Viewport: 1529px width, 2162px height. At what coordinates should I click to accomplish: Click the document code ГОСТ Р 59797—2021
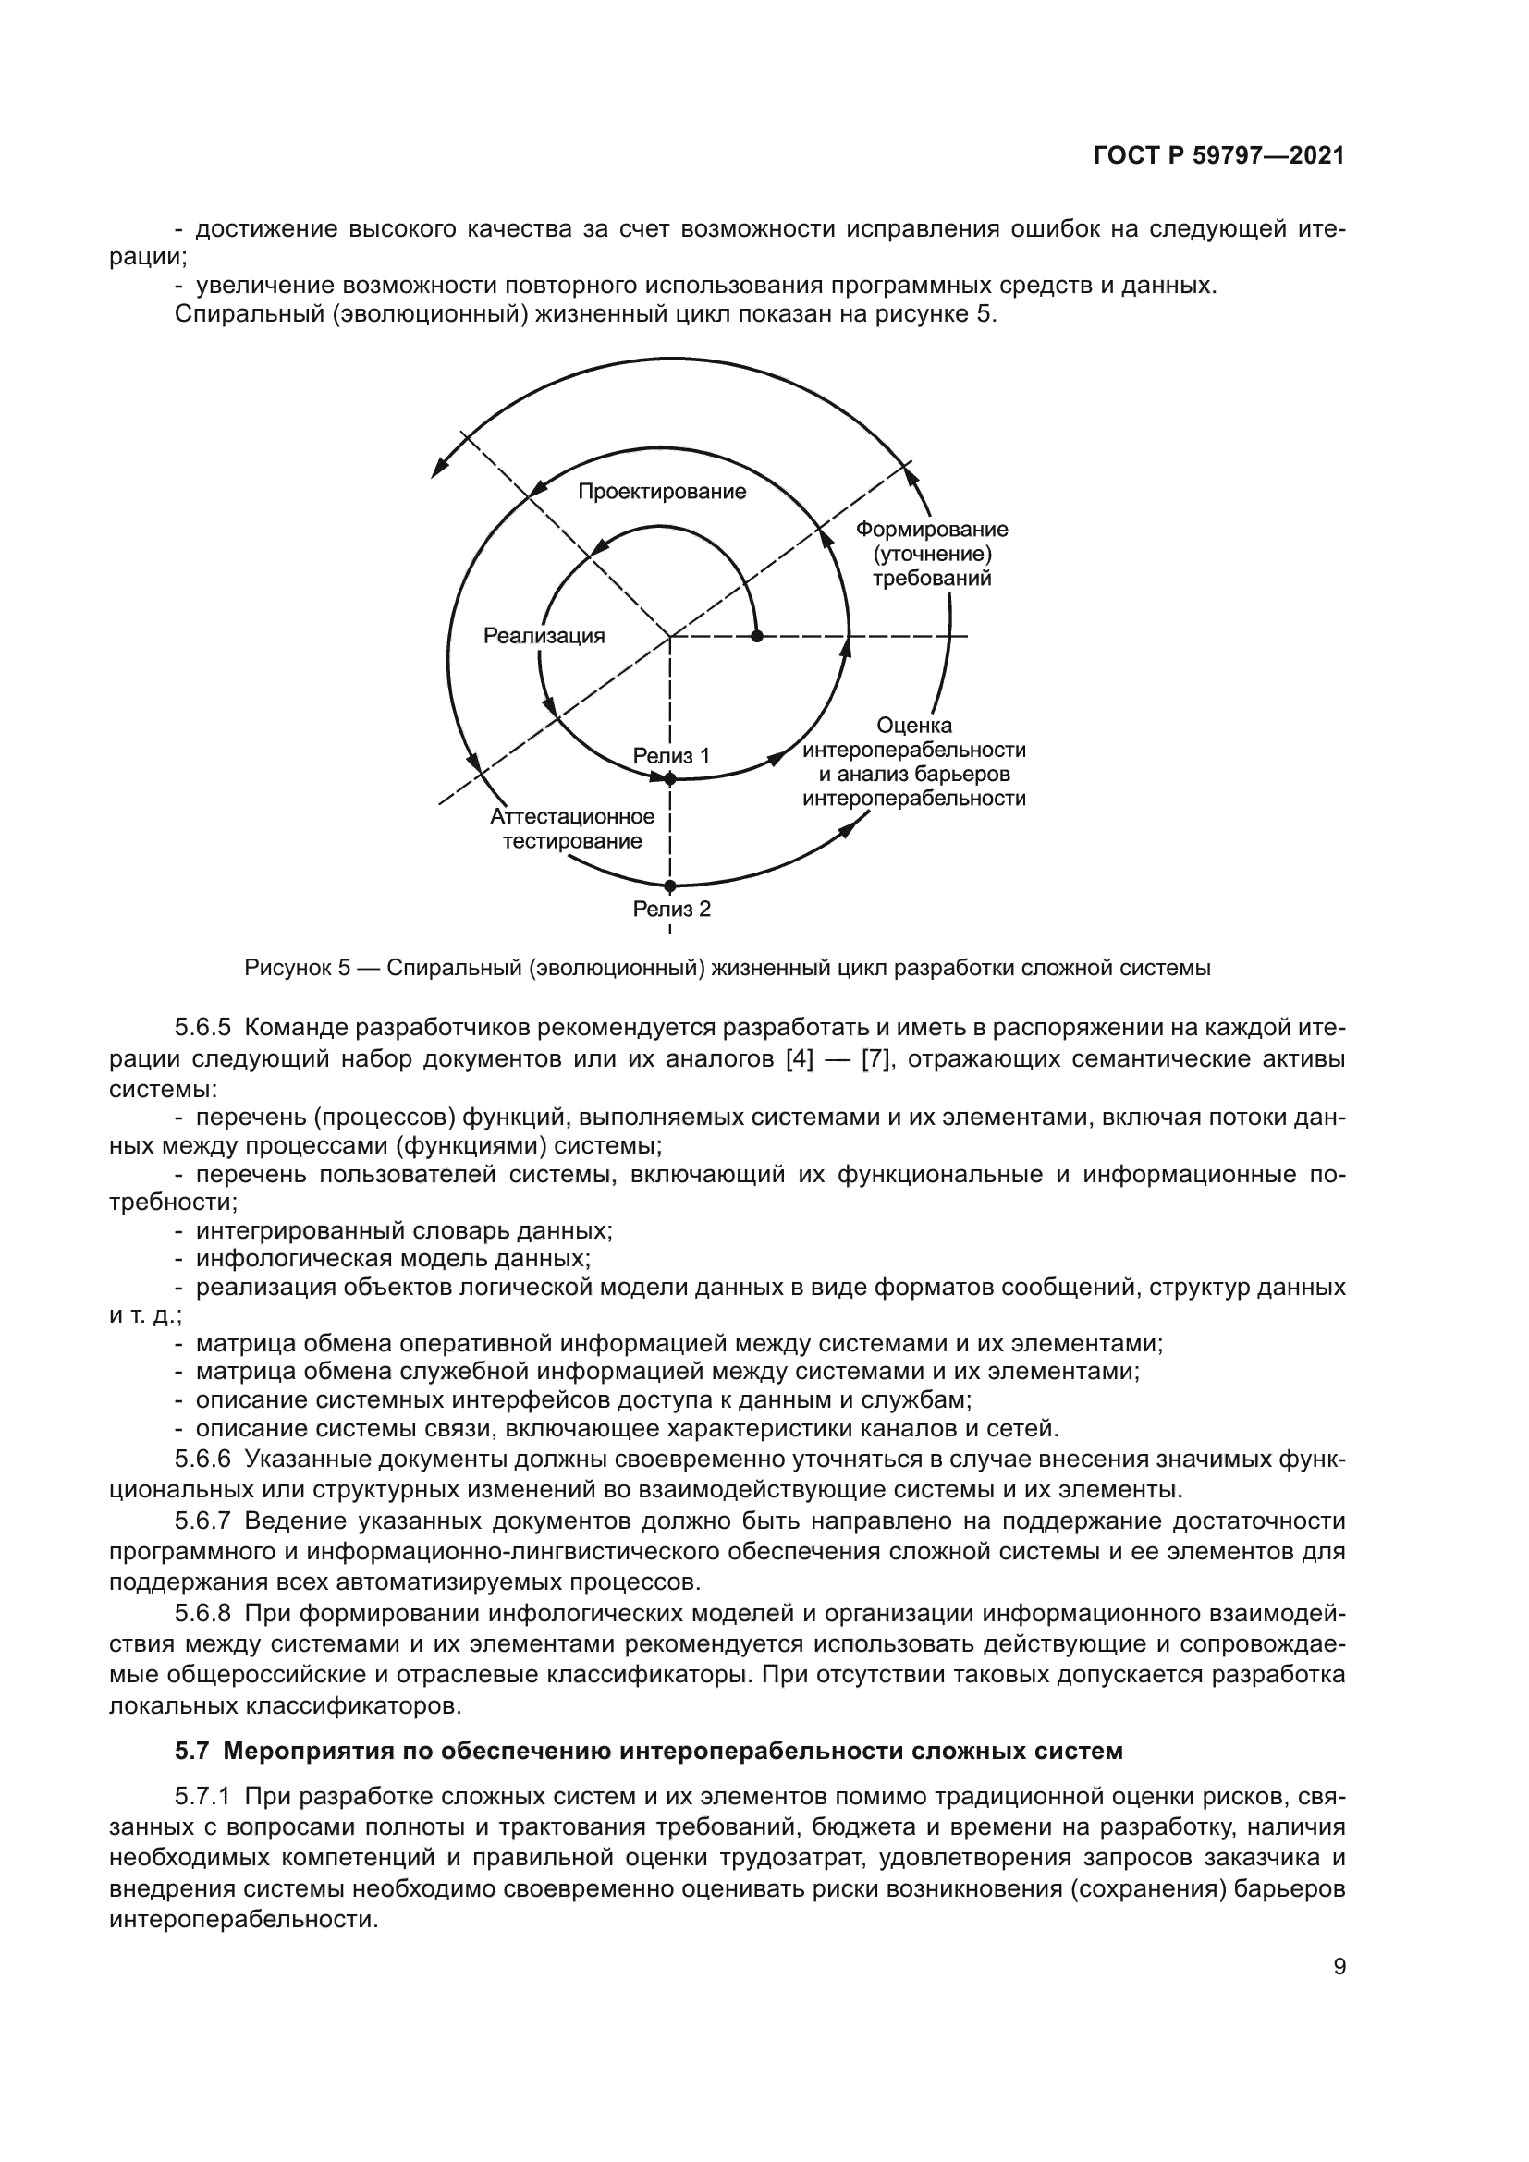click(x=1218, y=156)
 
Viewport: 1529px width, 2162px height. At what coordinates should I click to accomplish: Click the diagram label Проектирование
click(x=661, y=492)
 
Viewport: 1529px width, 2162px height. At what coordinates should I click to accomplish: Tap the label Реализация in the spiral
click(x=544, y=636)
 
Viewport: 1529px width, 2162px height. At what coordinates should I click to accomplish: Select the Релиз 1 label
click(x=670, y=755)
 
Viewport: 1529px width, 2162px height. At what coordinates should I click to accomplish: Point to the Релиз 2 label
click(x=671, y=909)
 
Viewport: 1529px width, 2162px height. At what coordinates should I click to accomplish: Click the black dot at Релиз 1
click(x=670, y=778)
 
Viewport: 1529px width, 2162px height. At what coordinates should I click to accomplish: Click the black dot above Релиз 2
click(x=670, y=886)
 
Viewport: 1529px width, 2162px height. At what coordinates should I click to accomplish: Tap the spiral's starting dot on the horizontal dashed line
click(x=757, y=637)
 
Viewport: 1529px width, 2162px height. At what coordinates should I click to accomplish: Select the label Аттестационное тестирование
click(x=571, y=828)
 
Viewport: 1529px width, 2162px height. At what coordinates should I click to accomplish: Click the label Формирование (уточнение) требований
click(x=931, y=554)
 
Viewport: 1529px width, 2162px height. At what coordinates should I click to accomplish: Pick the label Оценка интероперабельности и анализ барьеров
click(x=913, y=762)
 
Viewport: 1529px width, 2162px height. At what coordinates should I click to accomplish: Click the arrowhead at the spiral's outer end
click(x=437, y=470)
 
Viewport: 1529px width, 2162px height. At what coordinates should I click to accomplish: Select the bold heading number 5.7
click(x=191, y=1752)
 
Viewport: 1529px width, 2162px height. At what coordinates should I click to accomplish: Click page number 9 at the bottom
click(x=1339, y=1985)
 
